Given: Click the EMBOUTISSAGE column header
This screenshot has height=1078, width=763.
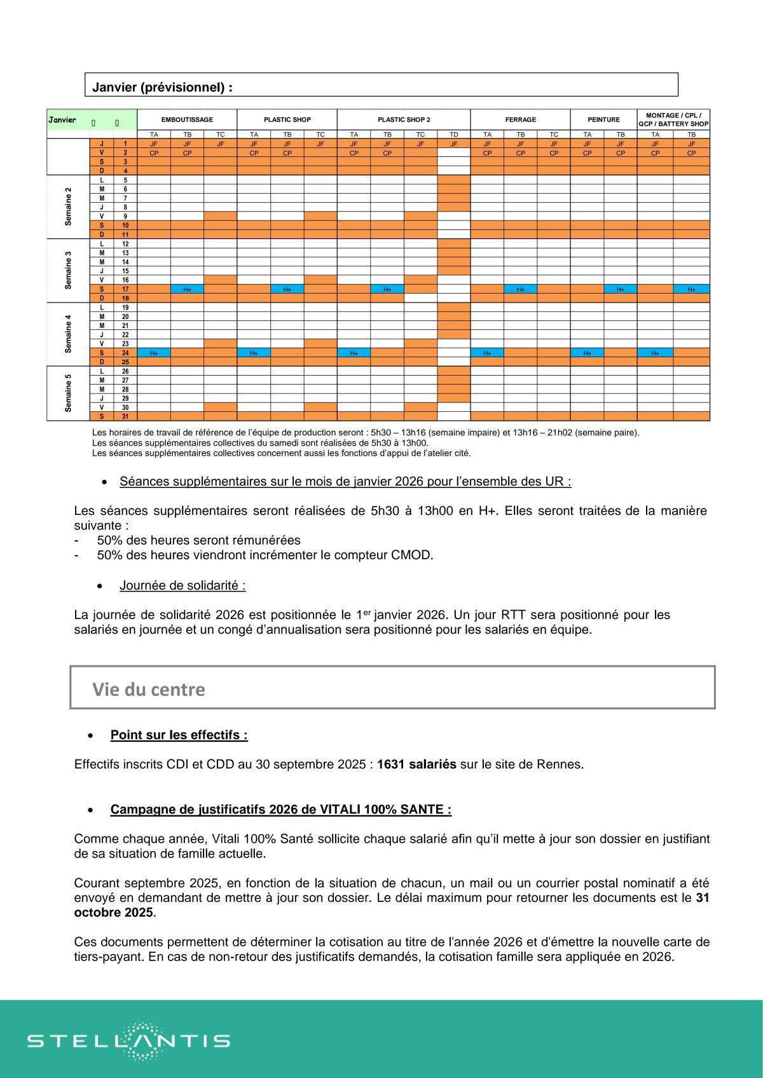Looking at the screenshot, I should coord(187,119).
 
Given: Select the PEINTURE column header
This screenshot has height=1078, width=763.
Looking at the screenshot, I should coord(603,119).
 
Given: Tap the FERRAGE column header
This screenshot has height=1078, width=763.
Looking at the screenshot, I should coord(520,119).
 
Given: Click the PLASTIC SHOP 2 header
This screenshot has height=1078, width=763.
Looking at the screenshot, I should coord(404,119).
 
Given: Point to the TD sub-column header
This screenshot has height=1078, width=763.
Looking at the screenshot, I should coord(453,135).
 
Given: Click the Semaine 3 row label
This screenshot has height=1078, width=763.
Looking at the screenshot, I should coord(68,271).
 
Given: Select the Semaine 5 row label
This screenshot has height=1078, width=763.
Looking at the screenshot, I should coord(68,393).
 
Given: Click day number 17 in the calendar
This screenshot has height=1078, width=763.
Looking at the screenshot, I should coord(125,289).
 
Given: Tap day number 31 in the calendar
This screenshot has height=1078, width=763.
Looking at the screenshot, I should coord(125,416).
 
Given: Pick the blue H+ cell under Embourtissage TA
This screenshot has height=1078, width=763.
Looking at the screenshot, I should coord(154,353).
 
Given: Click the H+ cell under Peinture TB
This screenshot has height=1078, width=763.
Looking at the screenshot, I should coord(620,289).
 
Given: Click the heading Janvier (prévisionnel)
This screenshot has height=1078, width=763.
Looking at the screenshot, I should coord(162,87).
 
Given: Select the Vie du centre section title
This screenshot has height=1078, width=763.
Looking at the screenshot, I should coord(149,690).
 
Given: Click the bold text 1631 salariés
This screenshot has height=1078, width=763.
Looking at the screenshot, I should coord(416,764).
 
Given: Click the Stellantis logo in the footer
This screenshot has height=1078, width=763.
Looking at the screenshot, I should coord(129,1040).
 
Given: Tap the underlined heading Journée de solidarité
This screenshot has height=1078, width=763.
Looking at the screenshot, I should coord(182,585).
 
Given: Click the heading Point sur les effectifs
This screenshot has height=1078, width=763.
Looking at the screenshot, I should coord(179,735).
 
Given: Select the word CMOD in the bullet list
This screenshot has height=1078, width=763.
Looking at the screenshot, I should coord(412,555).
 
